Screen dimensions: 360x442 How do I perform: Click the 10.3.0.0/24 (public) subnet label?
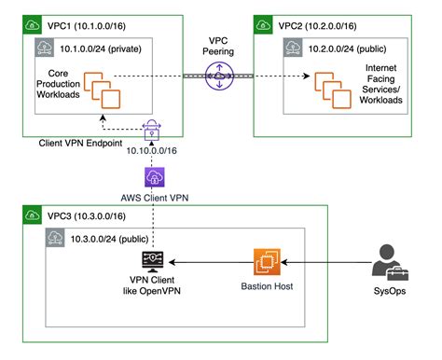pyautogui.click(x=108, y=241)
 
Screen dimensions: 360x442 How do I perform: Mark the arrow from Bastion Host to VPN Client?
pyautogui.click(x=210, y=264)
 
